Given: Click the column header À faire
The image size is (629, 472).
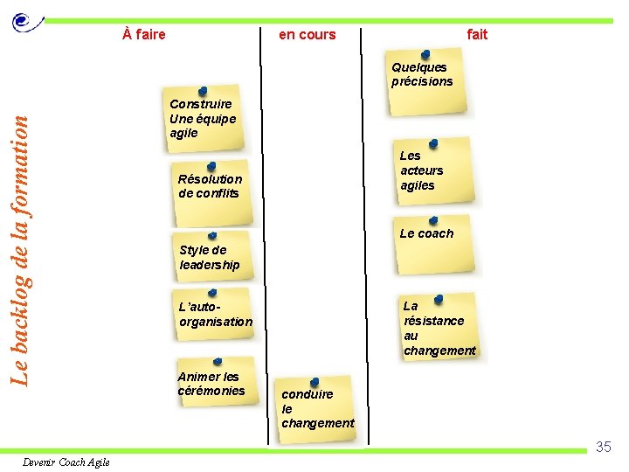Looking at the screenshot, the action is [x=144, y=35].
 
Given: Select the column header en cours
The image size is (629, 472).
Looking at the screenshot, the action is [x=307, y=35].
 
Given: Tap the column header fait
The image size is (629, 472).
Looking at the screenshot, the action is [x=477, y=35].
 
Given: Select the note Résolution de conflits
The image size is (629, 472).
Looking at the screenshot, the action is [x=211, y=187].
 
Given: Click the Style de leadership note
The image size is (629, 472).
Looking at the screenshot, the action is [x=211, y=258].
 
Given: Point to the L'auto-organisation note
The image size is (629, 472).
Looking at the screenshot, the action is [x=215, y=316].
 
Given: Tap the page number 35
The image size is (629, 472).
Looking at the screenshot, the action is [x=603, y=448].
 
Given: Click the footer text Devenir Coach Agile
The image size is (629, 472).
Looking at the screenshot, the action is [x=66, y=462].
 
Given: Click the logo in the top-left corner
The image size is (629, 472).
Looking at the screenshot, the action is [x=27, y=22].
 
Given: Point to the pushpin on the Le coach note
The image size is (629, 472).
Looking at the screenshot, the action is [x=433, y=220].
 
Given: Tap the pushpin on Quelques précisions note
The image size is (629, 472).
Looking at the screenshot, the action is [x=425, y=55].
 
